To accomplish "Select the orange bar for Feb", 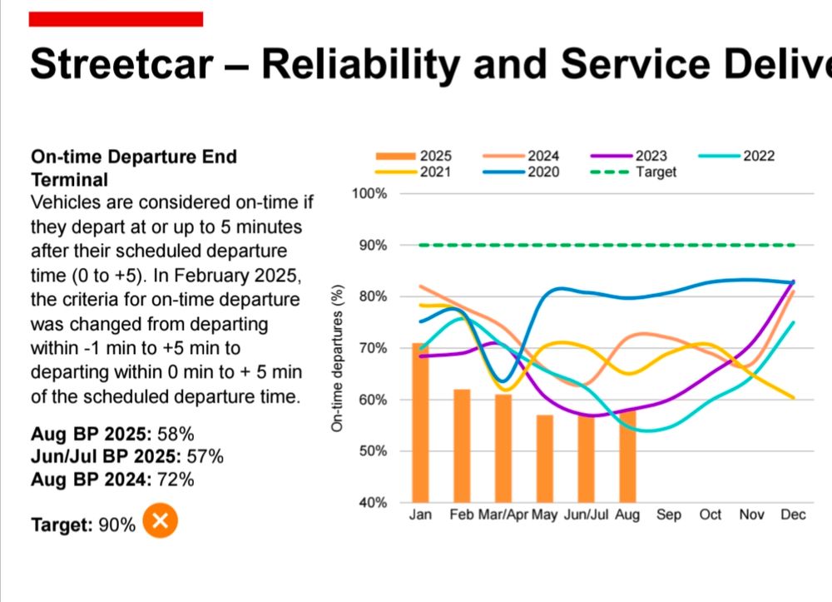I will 462,445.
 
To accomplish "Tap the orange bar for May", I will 544,458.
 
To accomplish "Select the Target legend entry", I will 632,172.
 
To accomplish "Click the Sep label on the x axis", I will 669,515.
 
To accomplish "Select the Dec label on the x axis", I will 793,515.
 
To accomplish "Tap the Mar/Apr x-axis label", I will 503,515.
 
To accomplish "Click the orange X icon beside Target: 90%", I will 161,522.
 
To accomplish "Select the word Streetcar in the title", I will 119,64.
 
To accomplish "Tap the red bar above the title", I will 116,19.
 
